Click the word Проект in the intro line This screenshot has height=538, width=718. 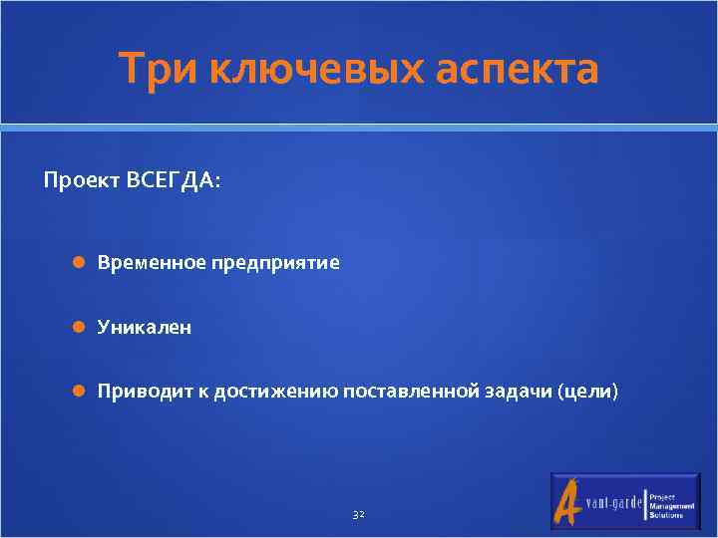81,182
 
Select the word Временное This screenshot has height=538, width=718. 152,263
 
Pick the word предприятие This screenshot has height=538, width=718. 275,263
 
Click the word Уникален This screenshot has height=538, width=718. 145,327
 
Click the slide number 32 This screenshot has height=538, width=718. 359,514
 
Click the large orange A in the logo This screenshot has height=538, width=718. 567,501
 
